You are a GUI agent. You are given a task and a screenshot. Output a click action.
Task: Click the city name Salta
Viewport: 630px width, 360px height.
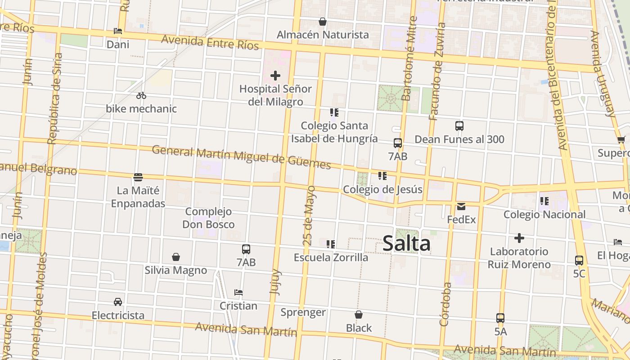tap(406, 244)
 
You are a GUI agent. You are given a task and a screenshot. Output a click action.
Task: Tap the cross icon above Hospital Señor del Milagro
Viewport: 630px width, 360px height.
tap(275, 76)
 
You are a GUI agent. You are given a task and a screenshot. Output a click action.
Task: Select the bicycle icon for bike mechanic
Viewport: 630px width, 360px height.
tap(141, 95)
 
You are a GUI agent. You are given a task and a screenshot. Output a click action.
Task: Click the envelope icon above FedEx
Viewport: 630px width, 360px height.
tap(461, 207)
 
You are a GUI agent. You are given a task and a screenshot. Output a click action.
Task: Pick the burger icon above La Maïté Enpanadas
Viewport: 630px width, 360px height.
tap(138, 177)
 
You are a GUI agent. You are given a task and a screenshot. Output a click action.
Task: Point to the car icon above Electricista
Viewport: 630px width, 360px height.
tap(118, 301)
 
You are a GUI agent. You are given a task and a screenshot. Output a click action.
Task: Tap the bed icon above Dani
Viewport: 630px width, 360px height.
tap(118, 31)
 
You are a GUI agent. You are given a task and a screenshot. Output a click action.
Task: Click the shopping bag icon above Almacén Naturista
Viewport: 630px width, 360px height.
tap(323, 22)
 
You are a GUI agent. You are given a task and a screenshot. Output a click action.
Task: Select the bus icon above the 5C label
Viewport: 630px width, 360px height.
tap(579, 260)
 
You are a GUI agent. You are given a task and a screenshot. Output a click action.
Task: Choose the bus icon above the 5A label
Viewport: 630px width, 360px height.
tap(500, 318)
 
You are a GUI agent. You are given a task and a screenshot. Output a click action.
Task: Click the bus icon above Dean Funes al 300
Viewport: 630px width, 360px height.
tap(459, 126)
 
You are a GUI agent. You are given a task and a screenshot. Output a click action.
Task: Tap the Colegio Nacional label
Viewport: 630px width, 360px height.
tap(544, 215)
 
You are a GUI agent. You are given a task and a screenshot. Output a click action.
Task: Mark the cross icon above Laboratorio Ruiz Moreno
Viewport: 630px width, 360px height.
tap(519, 238)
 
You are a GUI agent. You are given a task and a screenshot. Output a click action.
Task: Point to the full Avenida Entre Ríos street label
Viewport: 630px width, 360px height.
tap(210, 42)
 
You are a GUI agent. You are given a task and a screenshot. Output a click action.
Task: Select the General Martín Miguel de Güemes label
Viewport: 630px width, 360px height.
tap(241, 157)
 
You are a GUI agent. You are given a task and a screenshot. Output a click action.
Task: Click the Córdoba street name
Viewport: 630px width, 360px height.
tap(445, 304)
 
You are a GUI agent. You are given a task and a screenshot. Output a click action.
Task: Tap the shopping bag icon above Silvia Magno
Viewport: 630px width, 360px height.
tap(176, 257)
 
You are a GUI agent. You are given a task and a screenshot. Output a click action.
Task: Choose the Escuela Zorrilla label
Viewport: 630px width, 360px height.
tap(331, 257)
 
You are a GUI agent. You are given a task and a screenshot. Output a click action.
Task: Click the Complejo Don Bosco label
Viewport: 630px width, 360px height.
tap(208, 218)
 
